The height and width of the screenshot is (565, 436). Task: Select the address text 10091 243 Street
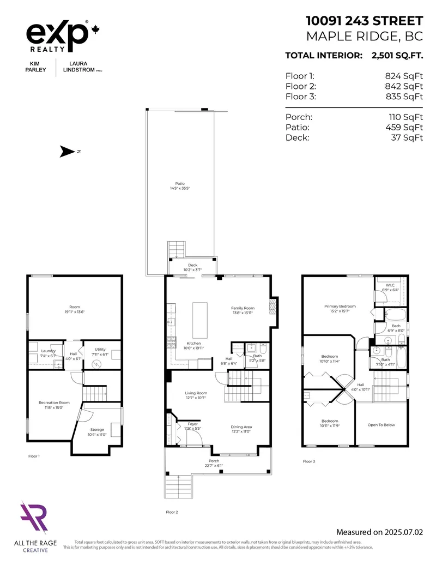pos(364,21)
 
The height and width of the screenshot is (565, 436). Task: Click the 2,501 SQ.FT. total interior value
pos(396,55)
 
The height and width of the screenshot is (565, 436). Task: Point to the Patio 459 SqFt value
pos(404,127)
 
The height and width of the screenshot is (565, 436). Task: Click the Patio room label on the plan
pos(180,184)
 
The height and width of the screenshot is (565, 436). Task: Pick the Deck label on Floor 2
pos(193,265)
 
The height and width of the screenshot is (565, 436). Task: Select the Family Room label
pos(243,308)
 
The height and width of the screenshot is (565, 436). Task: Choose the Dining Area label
pos(241,427)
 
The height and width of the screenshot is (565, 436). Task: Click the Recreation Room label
pos(54,402)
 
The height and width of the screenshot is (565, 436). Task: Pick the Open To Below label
pos(381,425)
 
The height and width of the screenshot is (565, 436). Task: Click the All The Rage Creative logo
pos(34,526)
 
